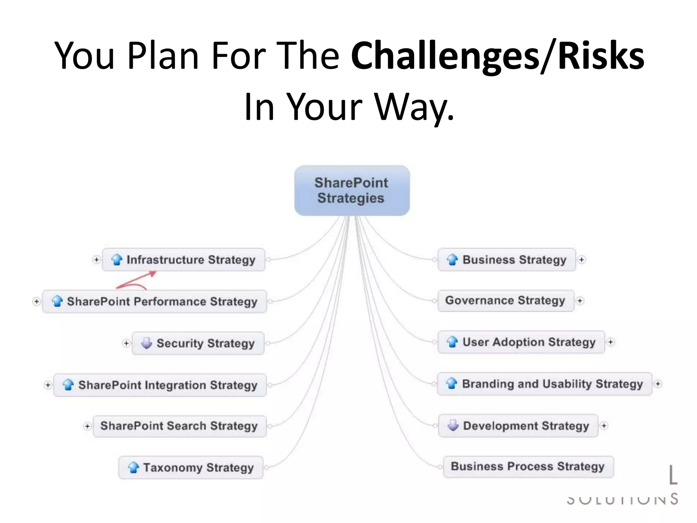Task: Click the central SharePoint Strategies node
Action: coord(352,190)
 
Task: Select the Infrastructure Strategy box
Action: coord(184,260)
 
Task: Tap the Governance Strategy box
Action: coord(505,301)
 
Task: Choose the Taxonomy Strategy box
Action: coord(191,467)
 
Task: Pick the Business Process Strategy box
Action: coord(528,466)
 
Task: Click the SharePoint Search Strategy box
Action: coord(179,426)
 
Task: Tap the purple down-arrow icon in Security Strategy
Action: coord(147,343)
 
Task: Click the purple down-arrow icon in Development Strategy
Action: coord(453,425)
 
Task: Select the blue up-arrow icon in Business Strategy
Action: coord(452,259)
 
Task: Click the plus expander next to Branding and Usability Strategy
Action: coord(658,384)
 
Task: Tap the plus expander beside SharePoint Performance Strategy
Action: coord(36,301)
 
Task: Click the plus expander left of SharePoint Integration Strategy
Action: coord(48,385)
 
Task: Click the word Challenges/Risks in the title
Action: coord(497,56)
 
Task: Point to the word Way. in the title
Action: coord(414,107)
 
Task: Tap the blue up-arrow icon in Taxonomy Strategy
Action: coord(133,467)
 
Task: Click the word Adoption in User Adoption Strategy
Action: coord(519,342)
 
